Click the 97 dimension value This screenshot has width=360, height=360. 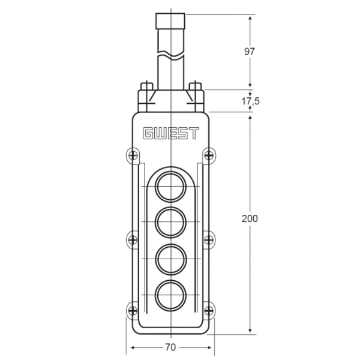[250, 52]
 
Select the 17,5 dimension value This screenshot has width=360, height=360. [250, 101]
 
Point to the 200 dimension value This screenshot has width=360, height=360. [250, 218]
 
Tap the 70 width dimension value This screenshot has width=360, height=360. [170, 347]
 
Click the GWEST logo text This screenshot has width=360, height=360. [170, 133]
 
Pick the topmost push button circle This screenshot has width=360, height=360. [170, 187]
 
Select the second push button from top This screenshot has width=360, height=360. [170, 222]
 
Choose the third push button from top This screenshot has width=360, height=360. [170, 259]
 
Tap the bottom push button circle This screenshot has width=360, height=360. [170, 295]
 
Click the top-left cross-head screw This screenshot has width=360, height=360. [133, 155]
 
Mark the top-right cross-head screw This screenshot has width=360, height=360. [209, 155]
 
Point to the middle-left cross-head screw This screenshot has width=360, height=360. [133, 240]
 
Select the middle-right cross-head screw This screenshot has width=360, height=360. [209, 240]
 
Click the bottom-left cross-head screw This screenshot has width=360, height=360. [133, 311]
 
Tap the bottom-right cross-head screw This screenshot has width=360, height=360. [209, 311]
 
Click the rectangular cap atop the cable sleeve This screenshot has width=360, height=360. [170, 21]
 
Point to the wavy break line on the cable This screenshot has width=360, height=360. [171, 54]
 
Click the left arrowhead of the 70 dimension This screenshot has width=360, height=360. [133, 347]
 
